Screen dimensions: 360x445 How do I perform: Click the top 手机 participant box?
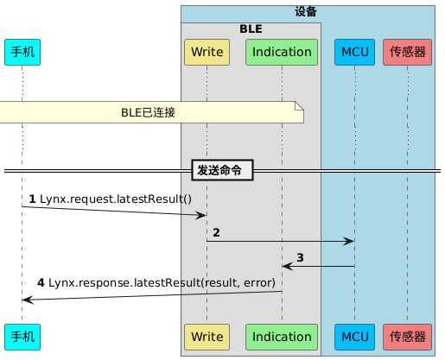[22, 52]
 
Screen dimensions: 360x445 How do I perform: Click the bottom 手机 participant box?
[22, 336]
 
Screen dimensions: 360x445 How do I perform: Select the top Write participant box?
[207, 52]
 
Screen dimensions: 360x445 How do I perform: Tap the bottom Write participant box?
[207, 336]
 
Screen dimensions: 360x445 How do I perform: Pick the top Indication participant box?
[282, 52]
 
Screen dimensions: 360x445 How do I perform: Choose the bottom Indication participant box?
[282, 336]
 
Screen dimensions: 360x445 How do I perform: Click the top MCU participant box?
[354, 52]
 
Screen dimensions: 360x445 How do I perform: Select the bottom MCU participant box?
[354, 336]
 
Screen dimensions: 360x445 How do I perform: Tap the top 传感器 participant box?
[407, 52]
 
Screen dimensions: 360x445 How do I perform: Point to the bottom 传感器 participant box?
[407, 336]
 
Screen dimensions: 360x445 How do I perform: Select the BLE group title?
[251, 28]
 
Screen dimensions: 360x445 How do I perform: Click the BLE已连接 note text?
[148, 112]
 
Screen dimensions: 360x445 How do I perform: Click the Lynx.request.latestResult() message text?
[117, 199]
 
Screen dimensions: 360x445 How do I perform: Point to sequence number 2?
[216, 233]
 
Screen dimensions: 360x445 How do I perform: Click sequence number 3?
[300, 257]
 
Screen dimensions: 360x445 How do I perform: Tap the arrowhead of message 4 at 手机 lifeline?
[27, 299]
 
